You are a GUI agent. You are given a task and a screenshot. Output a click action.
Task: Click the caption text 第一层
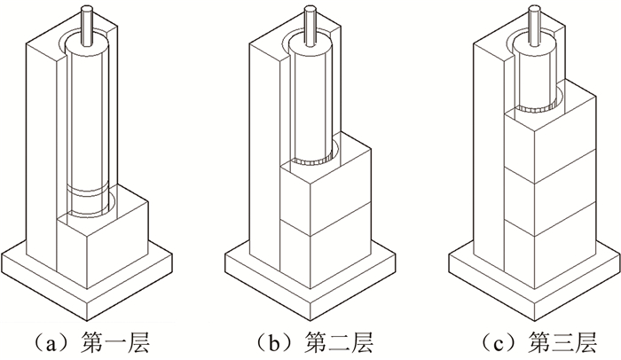tap(127, 340)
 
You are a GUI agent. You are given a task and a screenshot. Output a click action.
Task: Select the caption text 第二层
tap(339, 340)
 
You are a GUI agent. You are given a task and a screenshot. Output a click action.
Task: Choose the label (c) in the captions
tap(493, 340)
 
